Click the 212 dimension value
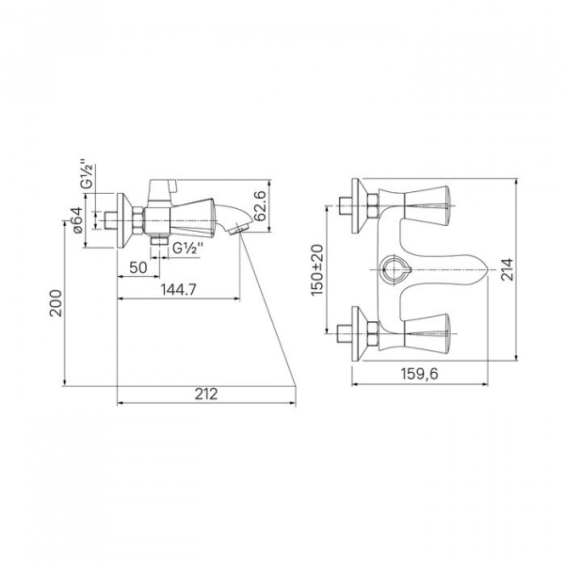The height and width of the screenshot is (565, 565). [x=206, y=394]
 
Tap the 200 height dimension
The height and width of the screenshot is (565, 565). [x=56, y=302]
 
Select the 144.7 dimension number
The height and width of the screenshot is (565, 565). [x=178, y=289]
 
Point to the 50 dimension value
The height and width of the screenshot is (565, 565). [x=138, y=267]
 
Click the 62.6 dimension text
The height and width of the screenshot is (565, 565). [x=260, y=205]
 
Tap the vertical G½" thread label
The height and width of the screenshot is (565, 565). [x=88, y=173]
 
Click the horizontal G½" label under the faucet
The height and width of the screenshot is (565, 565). [x=187, y=249]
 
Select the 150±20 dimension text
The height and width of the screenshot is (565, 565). [x=317, y=270]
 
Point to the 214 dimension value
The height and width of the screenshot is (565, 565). [x=508, y=269]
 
